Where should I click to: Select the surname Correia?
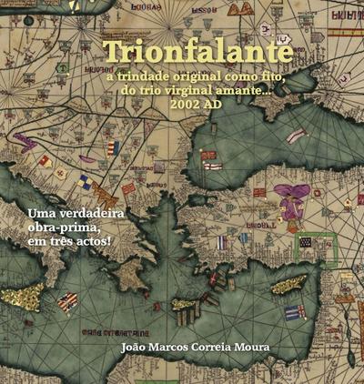click(220, 346)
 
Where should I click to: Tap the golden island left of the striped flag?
click(25, 296)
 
